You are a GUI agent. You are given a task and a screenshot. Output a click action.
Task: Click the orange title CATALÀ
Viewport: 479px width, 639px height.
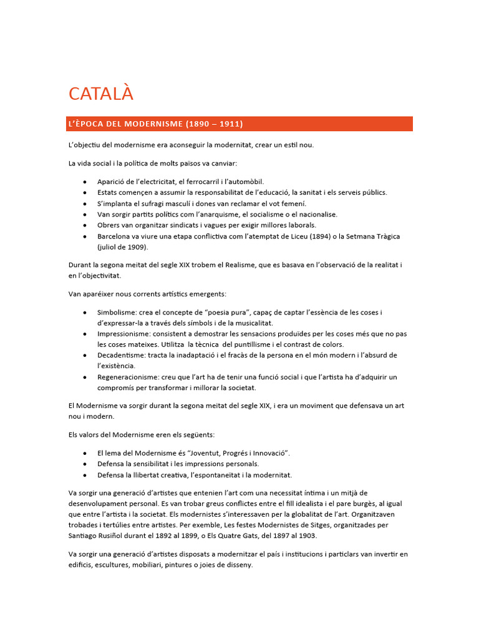click(x=101, y=94)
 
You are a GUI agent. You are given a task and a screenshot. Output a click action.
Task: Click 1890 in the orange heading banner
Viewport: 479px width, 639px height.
click(x=198, y=124)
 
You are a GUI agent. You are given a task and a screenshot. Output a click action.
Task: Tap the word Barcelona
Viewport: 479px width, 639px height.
click(x=116, y=237)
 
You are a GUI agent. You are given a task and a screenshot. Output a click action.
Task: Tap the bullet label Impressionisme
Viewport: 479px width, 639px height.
click(x=125, y=334)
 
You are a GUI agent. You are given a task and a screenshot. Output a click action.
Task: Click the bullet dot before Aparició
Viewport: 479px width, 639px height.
click(x=84, y=182)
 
